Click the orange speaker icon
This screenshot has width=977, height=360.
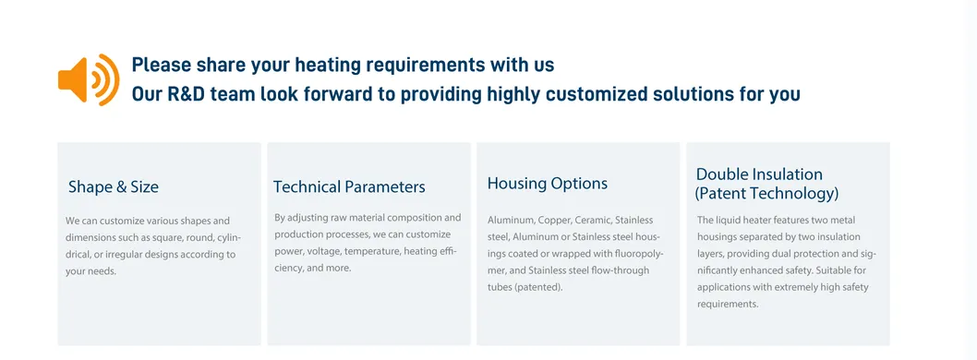[x=88, y=79]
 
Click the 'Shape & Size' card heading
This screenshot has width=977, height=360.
[x=114, y=186]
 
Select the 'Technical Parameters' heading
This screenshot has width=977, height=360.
[x=349, y=186]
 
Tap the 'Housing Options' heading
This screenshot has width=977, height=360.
[x=547, y=184]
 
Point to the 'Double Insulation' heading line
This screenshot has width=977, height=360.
[x=759, y=174]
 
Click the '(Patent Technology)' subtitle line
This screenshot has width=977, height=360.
[x=766, y=194]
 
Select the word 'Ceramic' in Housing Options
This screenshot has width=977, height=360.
[x=592, y=220]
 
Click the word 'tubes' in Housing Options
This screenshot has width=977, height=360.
[x=499, y=288]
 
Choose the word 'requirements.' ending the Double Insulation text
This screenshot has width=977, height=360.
[x=728, y=305]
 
